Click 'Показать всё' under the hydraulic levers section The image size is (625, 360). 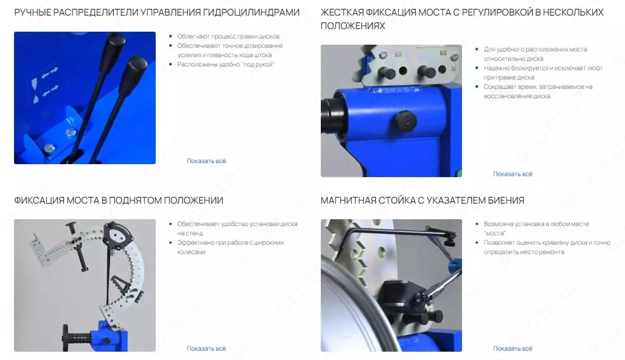[206, 161]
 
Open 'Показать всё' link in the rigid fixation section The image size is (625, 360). [512, 174]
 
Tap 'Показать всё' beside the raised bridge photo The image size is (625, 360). [206, 349]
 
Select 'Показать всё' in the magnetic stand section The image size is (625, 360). [512, 349]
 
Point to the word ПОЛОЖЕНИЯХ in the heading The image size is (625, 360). [353, 26]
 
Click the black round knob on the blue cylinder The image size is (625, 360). [405, 121]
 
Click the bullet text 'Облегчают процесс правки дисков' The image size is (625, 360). [228, 36]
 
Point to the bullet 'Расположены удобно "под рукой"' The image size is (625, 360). [226, 65]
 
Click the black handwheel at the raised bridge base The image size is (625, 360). [66, 338]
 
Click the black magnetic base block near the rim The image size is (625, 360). [398, 296]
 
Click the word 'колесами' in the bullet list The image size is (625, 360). [192, 252]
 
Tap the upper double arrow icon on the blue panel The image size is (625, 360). [50, 72]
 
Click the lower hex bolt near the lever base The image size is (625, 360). [49, 148]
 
